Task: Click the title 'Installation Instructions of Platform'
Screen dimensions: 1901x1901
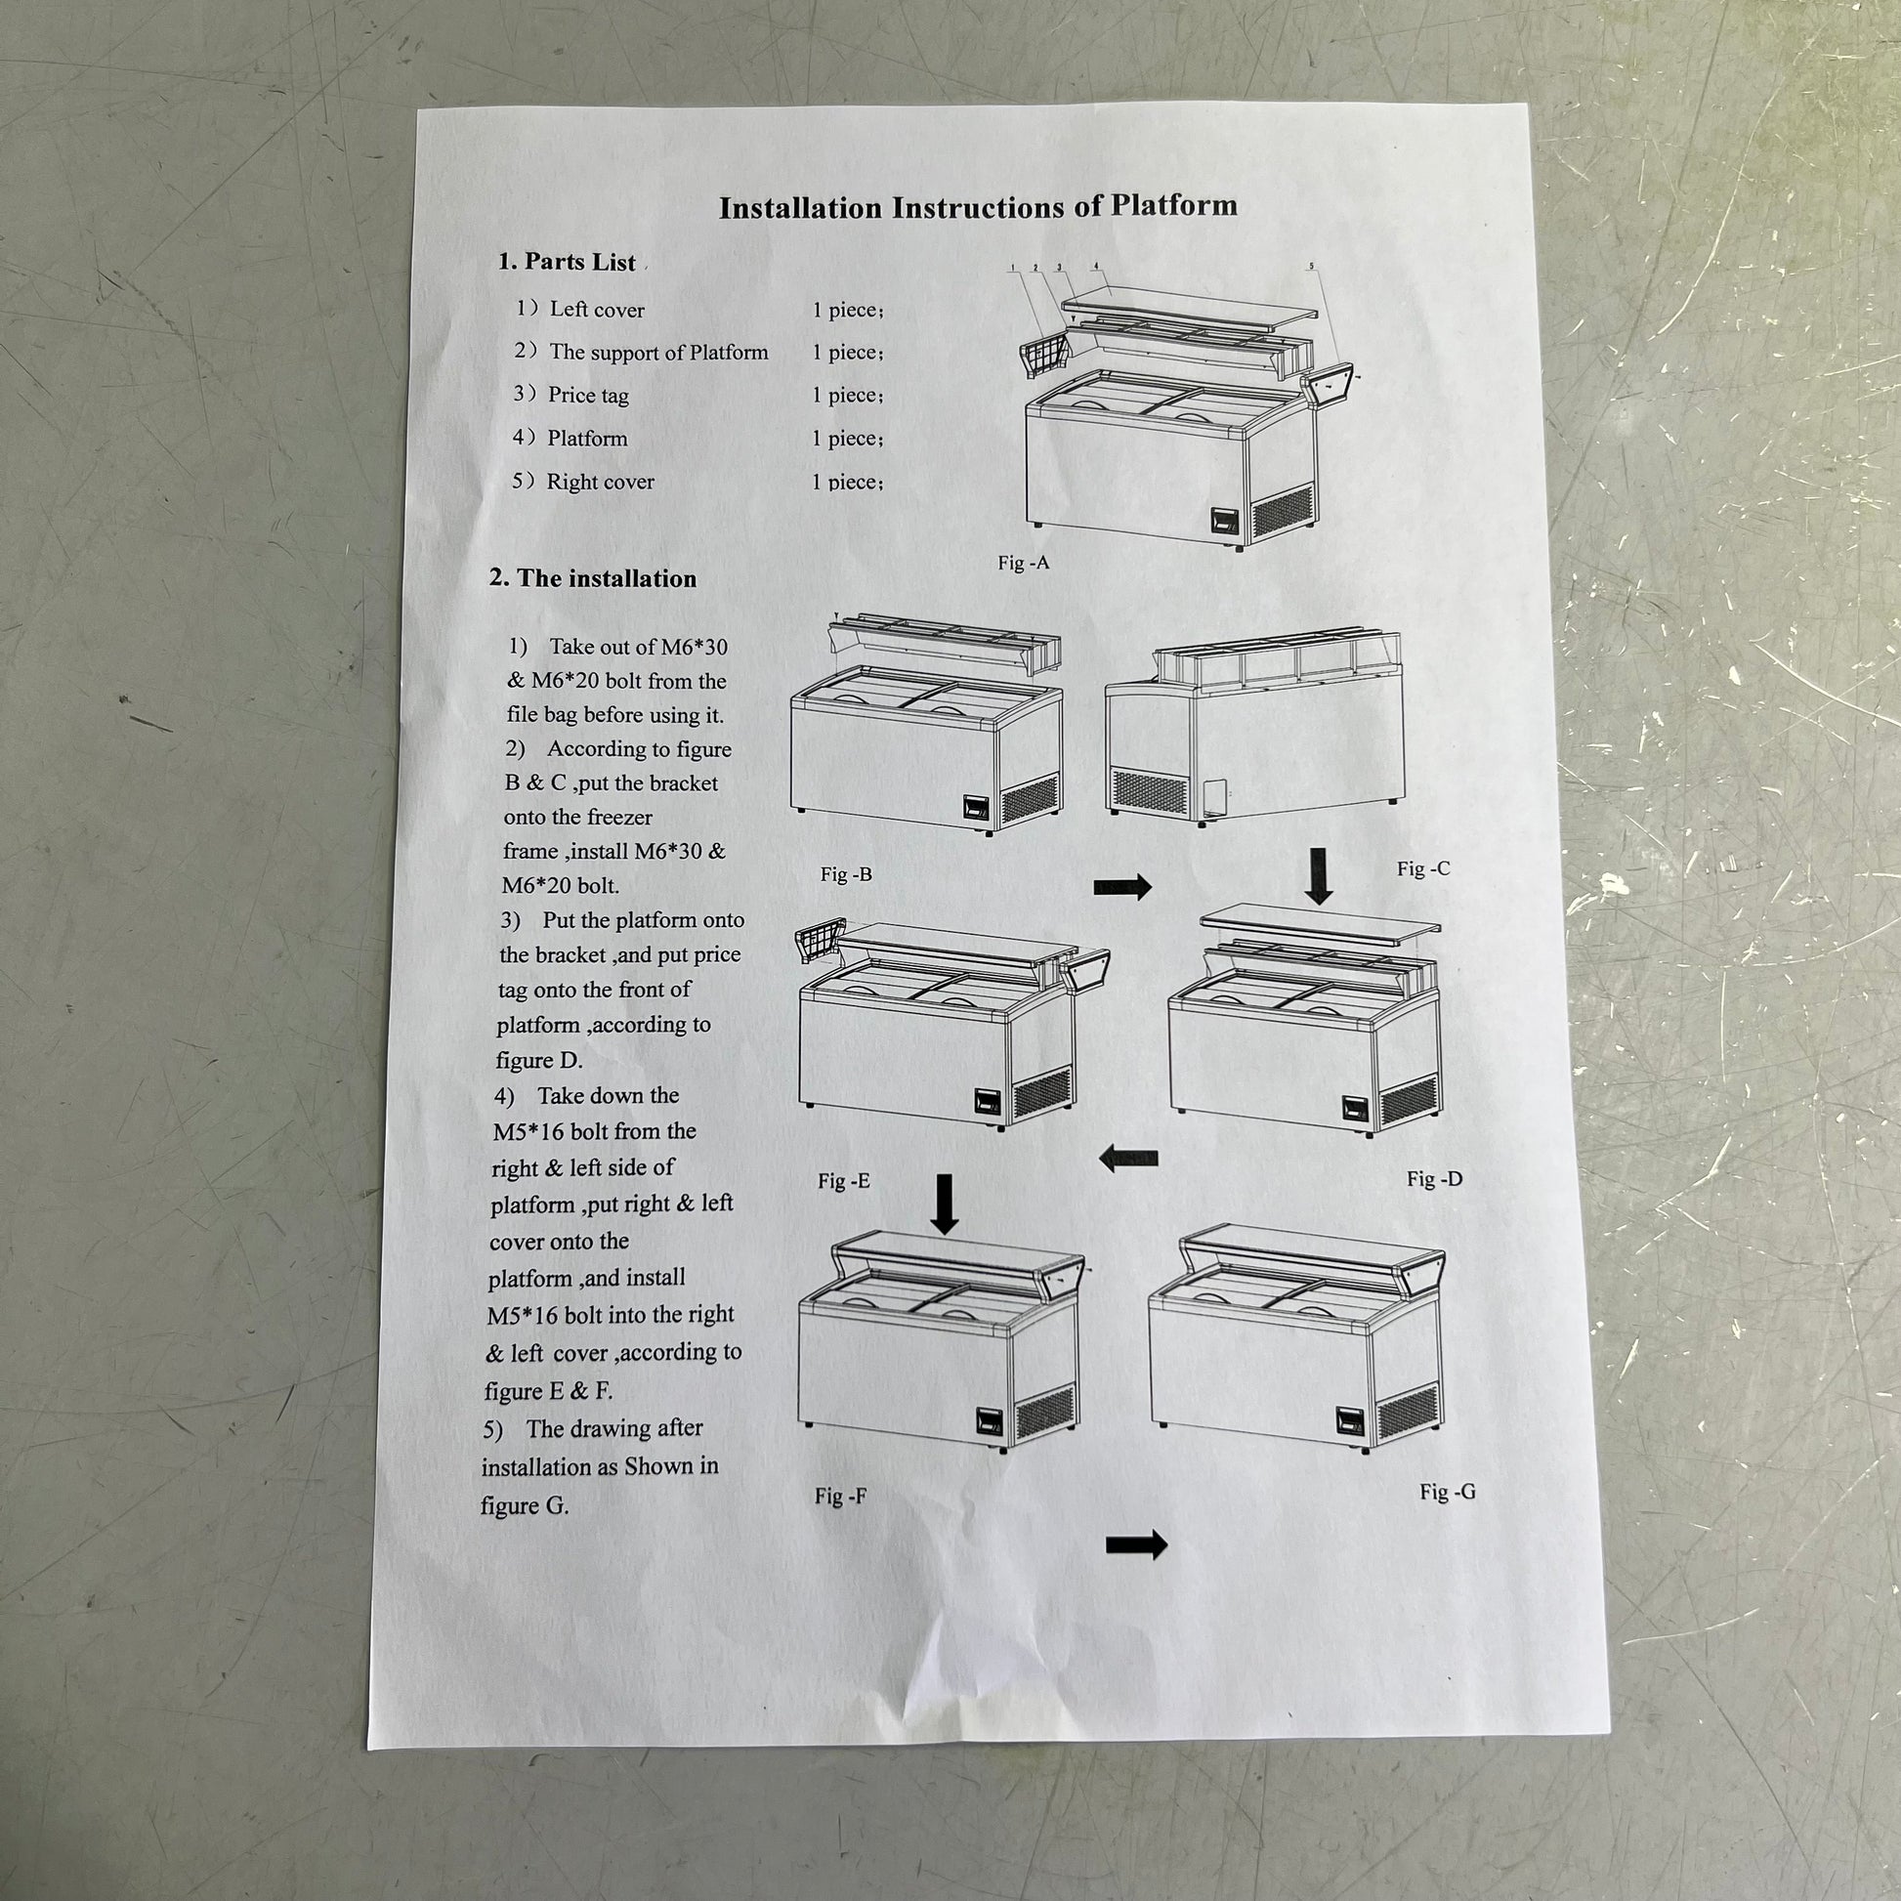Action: coord(977,207)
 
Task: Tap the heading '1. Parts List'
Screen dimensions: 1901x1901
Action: coord(567,262)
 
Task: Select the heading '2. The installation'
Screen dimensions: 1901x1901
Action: coord(592,578)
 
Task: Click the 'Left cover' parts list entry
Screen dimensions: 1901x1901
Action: coord(579,309)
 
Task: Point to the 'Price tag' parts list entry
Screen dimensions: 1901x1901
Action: coord(570,395)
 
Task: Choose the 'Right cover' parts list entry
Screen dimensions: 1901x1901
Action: coord(582,482)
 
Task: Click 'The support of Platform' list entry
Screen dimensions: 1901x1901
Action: coord(641,352)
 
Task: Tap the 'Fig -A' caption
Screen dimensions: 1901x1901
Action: coord(1024,563)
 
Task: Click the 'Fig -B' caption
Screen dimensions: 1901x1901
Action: coord(846,873)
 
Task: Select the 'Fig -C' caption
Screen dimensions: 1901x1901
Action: coord(1422,868)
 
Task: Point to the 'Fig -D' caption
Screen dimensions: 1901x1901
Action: coord(1435,1179)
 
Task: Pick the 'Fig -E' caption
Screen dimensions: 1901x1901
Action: coord(844,1181)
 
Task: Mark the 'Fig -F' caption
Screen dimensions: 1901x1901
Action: coord(841,1497)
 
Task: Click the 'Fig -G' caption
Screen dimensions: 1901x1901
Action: coord(1448,1492)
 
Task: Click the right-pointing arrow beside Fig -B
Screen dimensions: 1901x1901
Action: coord(1122,887)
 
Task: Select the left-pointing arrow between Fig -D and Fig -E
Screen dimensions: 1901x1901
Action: coord(1127,1160)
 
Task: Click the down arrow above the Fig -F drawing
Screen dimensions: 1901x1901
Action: coord(945,1204)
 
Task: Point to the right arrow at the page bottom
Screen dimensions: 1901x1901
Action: coord(1136,1544)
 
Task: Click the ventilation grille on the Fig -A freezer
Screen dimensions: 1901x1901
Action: coord(1281,512)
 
